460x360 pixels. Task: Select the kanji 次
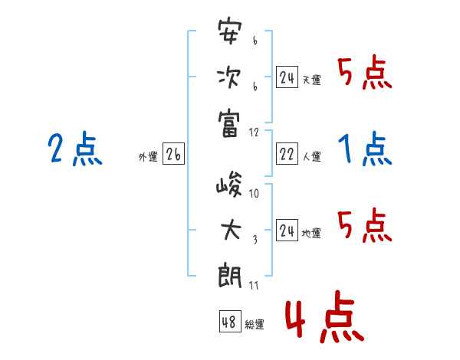(x=229, y=78)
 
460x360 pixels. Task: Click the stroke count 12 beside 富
(x=255, y=133)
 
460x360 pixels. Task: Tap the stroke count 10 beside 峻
(x=255, y=194)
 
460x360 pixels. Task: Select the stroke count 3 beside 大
(x=255, y=239)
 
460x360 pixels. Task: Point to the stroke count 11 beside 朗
(x=255, y=286)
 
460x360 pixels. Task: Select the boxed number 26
(x=173, y=155)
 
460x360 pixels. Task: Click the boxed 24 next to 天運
(x=287, y=77)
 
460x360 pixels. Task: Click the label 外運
(x=148, y=157)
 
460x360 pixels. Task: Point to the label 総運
(x=255, y=324)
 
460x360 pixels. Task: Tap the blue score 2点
(x=75, y=148)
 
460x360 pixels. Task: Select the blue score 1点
(x=365, y=149)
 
